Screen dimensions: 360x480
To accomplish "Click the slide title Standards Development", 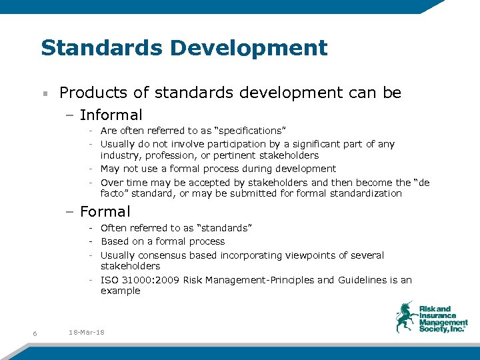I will pos(184,48).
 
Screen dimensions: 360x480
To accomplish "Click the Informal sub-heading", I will pos(111,115).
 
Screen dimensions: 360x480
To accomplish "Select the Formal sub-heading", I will pos(105,212).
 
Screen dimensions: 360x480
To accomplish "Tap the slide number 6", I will pos(34,333).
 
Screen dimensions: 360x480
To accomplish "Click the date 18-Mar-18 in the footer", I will pos(87,333).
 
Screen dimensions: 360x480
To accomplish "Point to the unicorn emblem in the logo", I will pos(405,317).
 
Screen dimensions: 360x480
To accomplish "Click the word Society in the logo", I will pos(434,329).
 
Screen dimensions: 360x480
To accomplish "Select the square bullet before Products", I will pos(44,93).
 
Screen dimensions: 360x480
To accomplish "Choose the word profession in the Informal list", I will pos(168,155).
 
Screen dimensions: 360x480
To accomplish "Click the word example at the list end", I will pos(120,291).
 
